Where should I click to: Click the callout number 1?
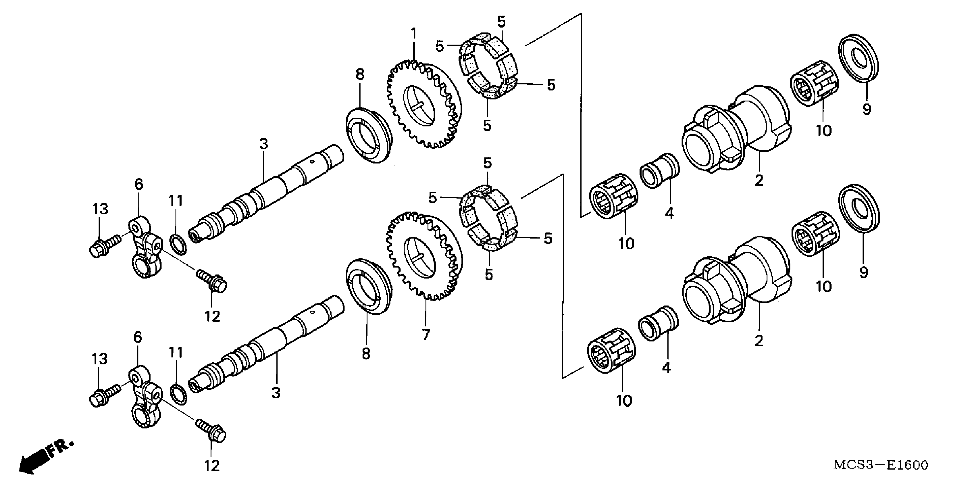(414, 34)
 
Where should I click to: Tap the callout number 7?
(426, 335)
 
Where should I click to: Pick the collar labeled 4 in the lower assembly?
(659, 323)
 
